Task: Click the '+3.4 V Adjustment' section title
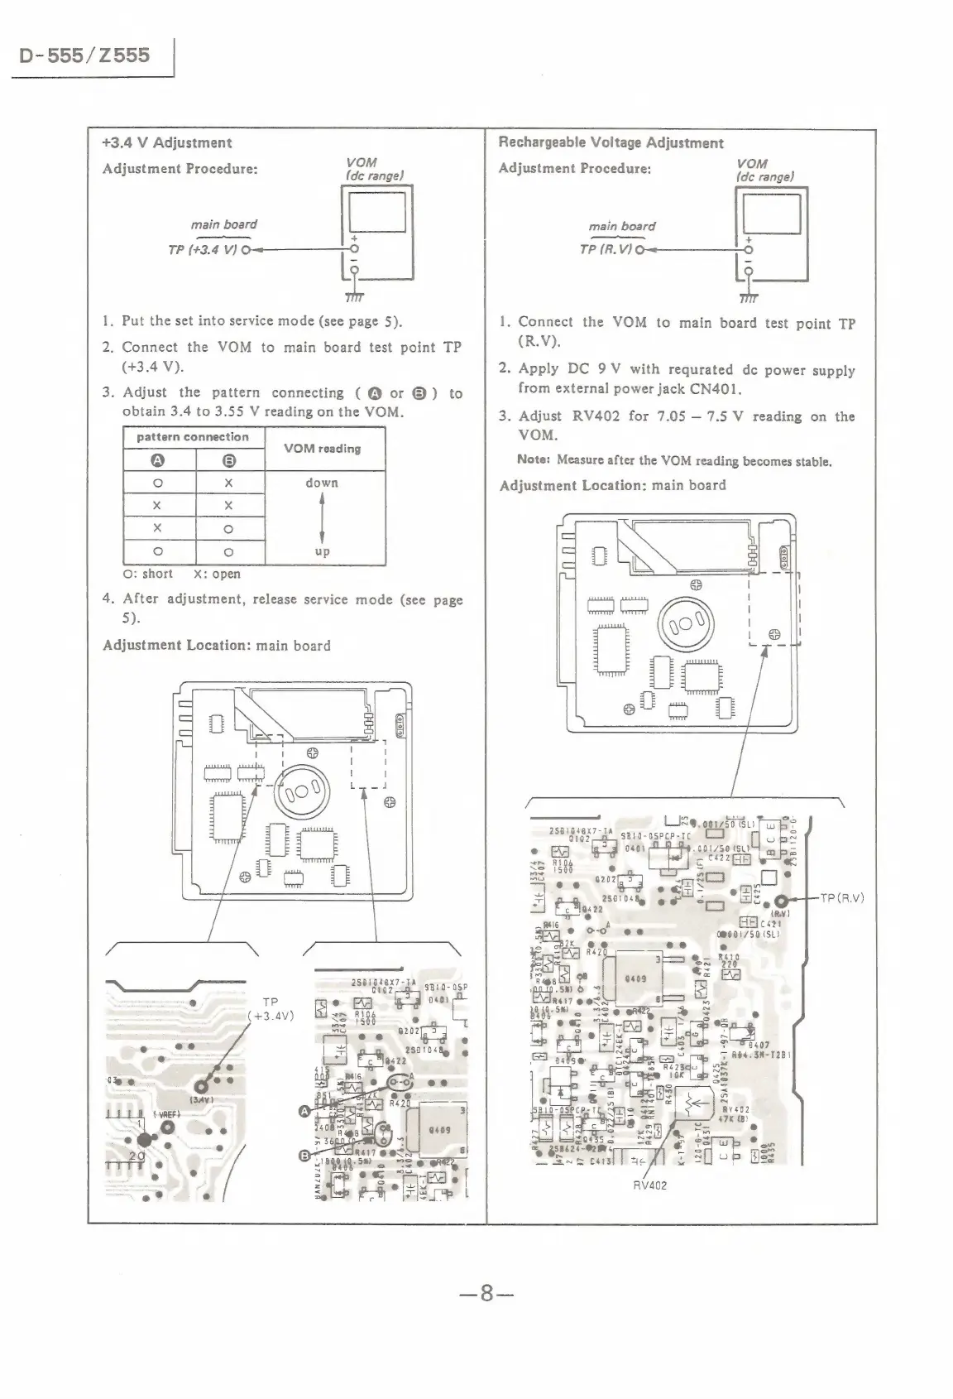tap(166, 142)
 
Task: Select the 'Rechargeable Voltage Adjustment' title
tap(611, 142)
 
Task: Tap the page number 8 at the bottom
tap(486, 1293)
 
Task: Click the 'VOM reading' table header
tap(322, 449)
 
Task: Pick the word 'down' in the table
tap(321, 483)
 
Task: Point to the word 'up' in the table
tap(322, 551)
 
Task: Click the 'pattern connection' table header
tap(192, 437)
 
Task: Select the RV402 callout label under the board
tap(649, 1185)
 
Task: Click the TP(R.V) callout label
tap(842, 897)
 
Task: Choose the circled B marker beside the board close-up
tap(304, 1156)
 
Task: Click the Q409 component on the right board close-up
tap(635, 978)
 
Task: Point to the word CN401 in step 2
tap(716, 388)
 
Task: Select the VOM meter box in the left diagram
tap(376, 234)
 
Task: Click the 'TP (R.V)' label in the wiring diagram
tap(606, 249)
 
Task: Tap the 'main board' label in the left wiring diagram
tap(223, 224)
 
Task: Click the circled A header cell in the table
tap(158, 461)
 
